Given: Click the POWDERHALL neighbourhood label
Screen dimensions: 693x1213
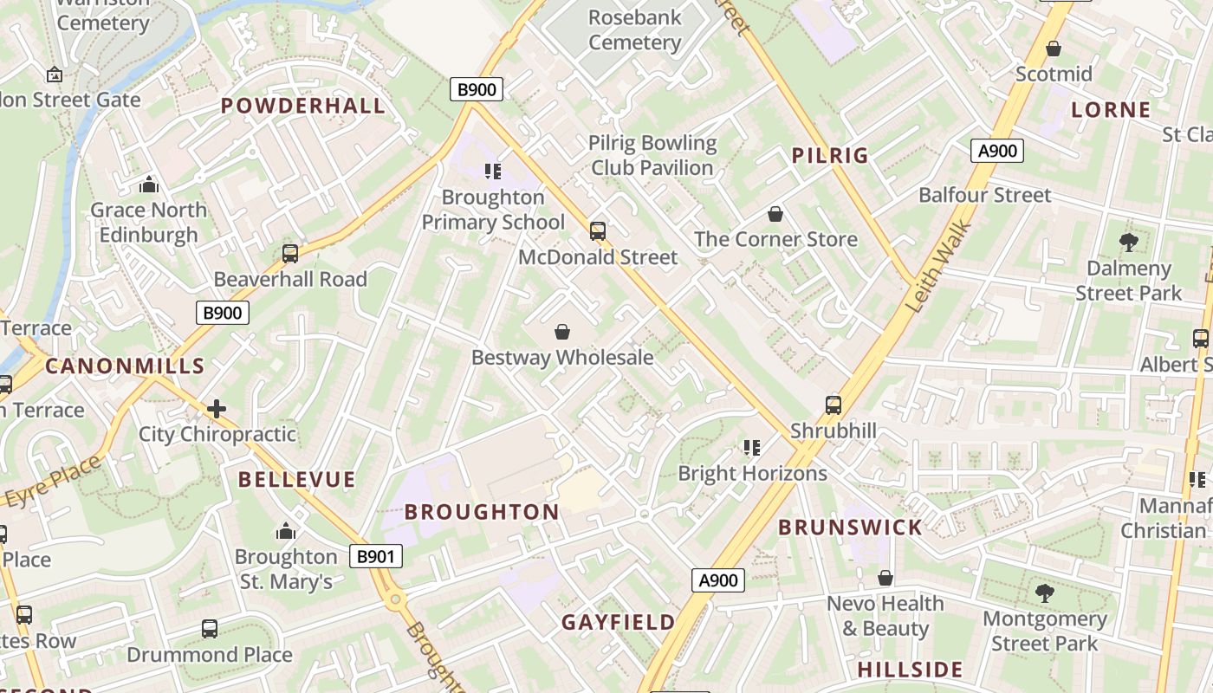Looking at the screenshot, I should (302, 107).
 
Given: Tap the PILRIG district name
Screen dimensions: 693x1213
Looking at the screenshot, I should (829, 156).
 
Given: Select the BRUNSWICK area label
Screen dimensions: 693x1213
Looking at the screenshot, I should (850, 528).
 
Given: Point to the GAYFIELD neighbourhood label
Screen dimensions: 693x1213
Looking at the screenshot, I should (618, 622).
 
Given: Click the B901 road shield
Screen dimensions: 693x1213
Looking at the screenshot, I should (376, 556).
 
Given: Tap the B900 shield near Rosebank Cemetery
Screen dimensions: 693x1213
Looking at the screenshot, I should (476, 89).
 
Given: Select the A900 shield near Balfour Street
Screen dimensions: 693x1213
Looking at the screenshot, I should (996, 151).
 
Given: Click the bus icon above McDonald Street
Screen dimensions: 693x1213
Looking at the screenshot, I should (597, 230).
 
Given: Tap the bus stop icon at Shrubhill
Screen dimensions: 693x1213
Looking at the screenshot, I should (833, 405).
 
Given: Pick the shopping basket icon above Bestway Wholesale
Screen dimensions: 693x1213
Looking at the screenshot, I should (562, 331).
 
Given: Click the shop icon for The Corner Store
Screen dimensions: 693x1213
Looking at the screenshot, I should (775, 213).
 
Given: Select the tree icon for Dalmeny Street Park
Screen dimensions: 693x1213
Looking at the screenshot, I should (1128, 243).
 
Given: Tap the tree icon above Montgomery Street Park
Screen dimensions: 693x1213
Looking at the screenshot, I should (1044, 593).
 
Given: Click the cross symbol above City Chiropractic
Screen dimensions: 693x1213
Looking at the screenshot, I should (217, 408).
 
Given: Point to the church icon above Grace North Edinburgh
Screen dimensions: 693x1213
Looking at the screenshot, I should (149, 185).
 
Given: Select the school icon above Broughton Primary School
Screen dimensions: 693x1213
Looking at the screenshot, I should (493, 171).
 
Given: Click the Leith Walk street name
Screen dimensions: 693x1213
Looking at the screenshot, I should (939, 267).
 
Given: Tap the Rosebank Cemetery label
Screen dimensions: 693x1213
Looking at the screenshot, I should (634, 29).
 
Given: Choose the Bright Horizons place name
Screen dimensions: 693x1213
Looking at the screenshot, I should (752, 473).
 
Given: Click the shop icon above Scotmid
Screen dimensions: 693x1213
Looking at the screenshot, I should (1054, 49).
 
